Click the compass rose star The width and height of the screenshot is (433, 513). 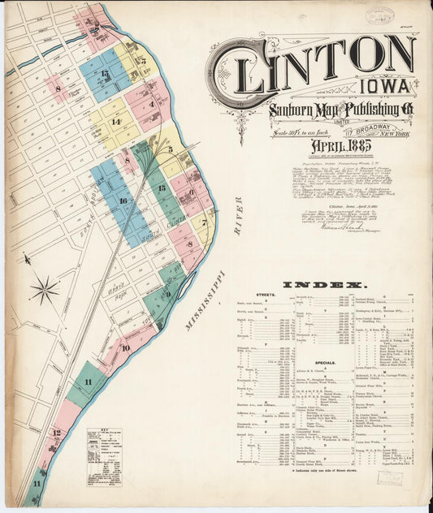(x=44, y=289)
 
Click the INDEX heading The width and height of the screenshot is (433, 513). (x=322, y=285)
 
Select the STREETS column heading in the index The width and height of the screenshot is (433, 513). (x=265, y=295)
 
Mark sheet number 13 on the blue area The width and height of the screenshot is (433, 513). (x=105, y=74)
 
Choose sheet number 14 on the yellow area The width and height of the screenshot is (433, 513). (x=116, y=122)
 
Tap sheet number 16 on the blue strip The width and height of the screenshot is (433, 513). (x=123, y=200)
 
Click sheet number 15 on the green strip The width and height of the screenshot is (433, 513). (x=162, y=188)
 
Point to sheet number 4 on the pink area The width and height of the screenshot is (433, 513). (x=151, y=104)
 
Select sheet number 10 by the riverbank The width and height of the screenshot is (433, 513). (x=125, y=348)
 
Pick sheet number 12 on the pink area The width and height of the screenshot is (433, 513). (x=56, y=433)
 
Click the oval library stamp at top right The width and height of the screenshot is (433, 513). (x=379, y=16)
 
